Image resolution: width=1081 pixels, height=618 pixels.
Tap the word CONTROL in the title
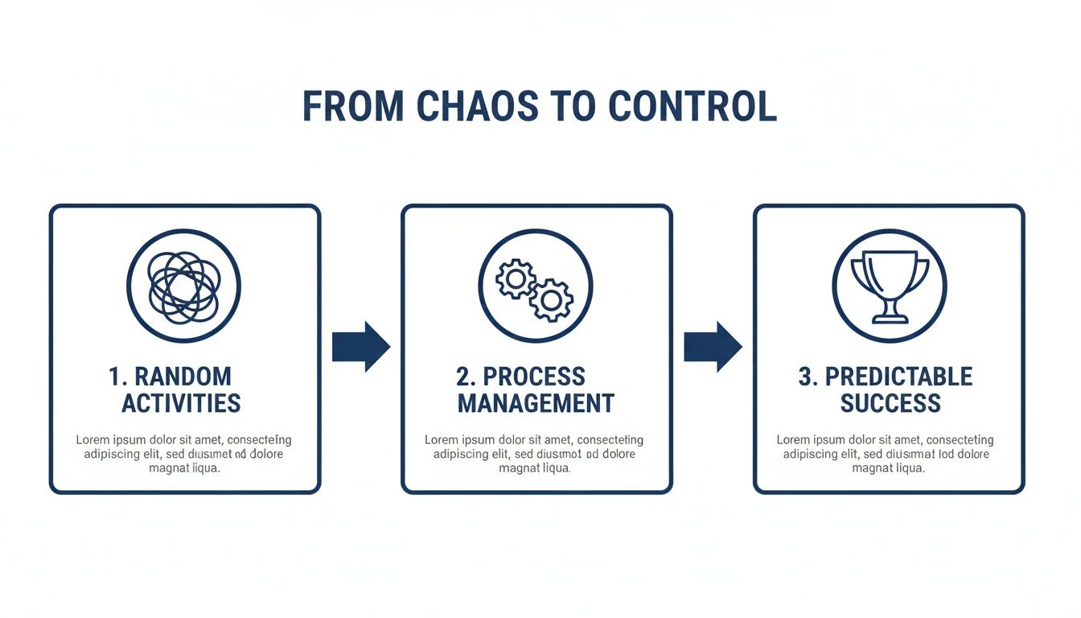pyautogui.click(x=693, y=107)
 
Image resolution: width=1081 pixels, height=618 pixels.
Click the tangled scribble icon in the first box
pyautogui.click(x=184, y=285)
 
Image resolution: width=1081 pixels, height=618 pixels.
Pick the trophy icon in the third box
pyautogui.click(x=889, y=286)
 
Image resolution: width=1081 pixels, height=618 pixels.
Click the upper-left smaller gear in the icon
pyautogui.click(x=516, y=279)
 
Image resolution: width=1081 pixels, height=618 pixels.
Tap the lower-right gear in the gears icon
pyautogui.click(x=551, y=300)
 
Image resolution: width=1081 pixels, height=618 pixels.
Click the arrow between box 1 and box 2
pyautogui.click(x=361, y=347)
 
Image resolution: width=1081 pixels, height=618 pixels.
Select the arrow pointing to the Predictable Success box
pyautogui.click(x=713, y=347)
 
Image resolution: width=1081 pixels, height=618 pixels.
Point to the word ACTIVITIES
pyautogui.click(x=181, y=403)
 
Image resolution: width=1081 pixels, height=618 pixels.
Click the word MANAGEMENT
pyautogui.click(x=536, y=403)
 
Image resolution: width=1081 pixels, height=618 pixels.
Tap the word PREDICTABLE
pyautogui.click(x=899, y=377)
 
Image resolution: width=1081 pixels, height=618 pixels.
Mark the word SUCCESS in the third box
pyautogui.click(x=890, y=403)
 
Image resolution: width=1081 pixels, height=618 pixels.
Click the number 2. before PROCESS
pyautogui.click(x=468, y=377)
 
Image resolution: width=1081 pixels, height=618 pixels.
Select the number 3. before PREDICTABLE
pyautogui.click(x=808, y=377)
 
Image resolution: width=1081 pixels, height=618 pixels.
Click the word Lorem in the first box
pyautogui.click(x=93, y=440)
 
